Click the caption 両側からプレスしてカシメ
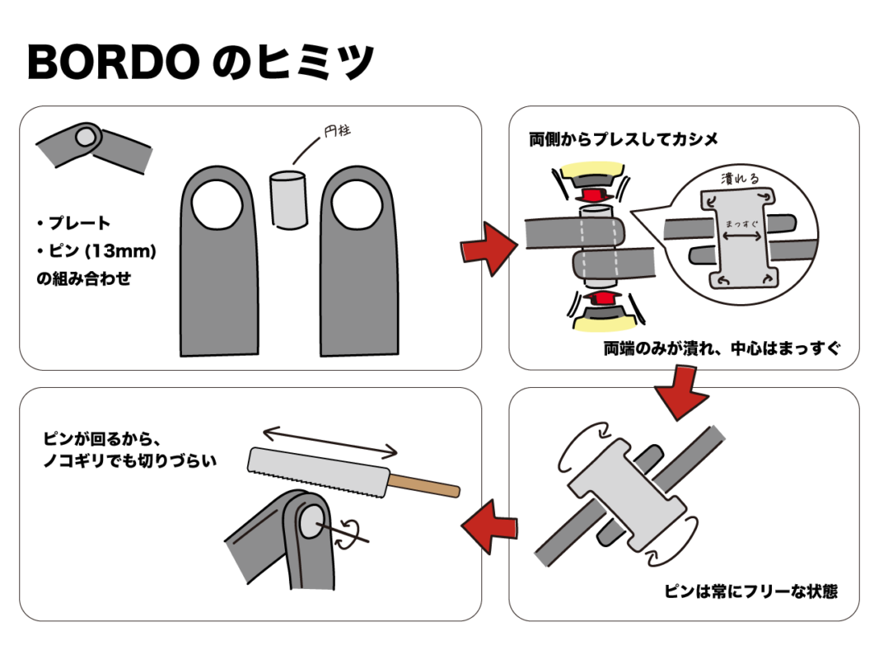point(623,139)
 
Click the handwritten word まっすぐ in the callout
point(741,223)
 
